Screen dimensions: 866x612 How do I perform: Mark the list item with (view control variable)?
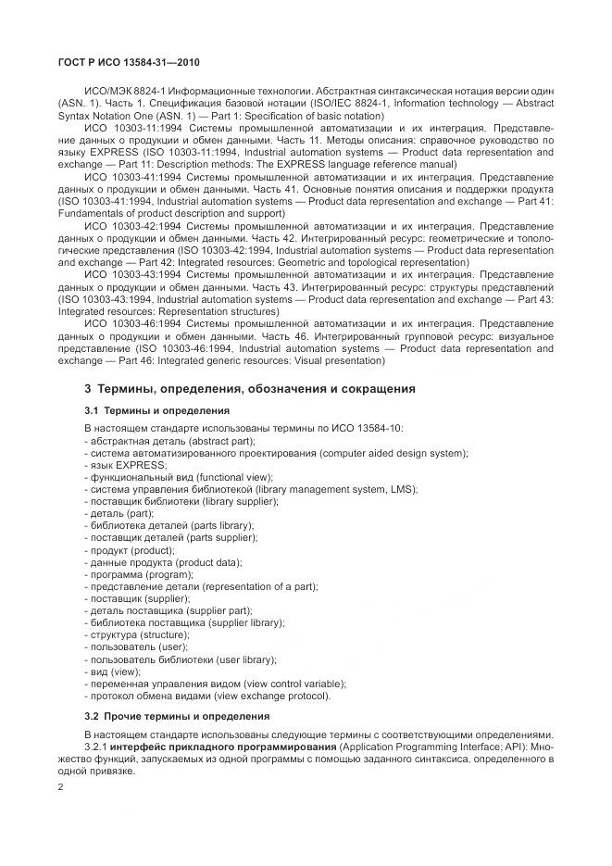pyautogui.click(x=216, y=684)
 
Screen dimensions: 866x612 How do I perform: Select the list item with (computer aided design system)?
pyautogui.click(x=276, y=452)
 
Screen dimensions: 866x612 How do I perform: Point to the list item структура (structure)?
pyautogui.click(x=137, y=635)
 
